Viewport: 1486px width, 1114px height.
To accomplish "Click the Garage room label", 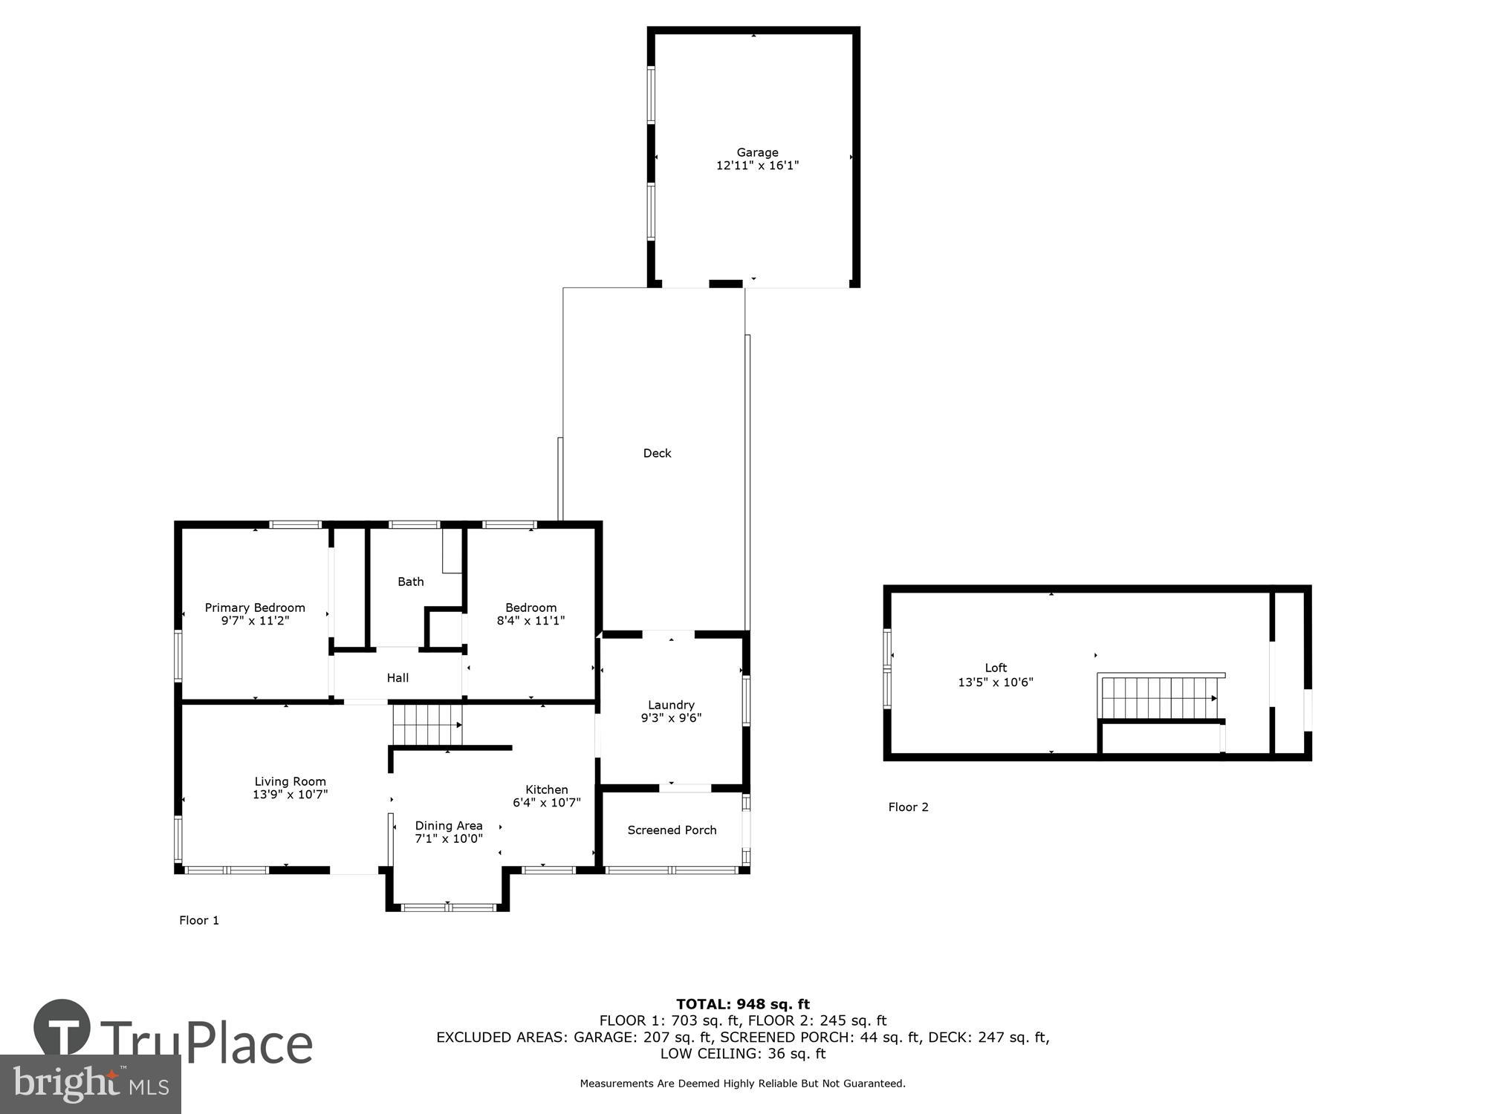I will [757, 152].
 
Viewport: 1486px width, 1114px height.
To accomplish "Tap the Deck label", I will [657, 453].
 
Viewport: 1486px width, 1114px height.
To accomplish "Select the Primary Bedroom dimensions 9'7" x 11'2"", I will [255, 621].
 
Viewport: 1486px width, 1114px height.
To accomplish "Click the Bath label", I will [410, 582].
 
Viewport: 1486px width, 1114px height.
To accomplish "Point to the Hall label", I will [398, 677].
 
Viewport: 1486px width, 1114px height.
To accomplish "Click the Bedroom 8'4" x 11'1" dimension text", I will [531, 621].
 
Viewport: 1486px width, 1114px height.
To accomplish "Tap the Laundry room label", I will [671, 705].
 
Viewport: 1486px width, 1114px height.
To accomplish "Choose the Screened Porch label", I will [672, 830].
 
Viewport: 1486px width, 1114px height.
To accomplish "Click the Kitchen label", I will [546, 789].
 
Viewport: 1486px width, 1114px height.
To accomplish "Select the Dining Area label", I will [449, 826].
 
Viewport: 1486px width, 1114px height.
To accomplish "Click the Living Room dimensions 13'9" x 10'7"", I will [290, 795].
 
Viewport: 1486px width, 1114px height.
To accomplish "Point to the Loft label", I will [996, 668].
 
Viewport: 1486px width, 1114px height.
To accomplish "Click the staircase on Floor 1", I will [427, 725].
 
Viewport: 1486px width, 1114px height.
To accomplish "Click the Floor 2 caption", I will [908, 807].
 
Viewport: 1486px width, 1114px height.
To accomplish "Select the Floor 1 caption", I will [199, 920].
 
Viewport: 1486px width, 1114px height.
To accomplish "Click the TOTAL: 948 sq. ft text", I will [743, 1005].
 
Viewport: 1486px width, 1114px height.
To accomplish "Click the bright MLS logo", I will [91, 1084].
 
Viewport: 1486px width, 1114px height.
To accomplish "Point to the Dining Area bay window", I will [448, 907].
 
